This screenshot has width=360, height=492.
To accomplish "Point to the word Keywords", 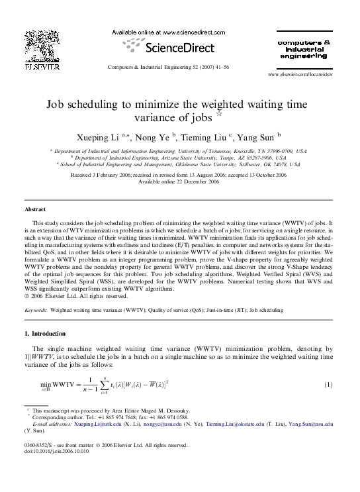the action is coord(35,309).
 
